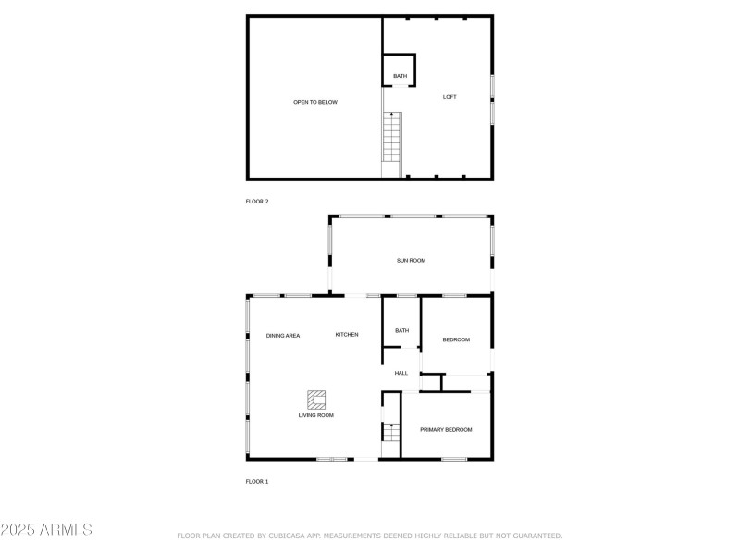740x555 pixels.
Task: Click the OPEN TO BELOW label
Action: point(315,102)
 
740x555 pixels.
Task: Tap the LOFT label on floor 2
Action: point(450,97)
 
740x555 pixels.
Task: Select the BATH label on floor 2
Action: point(400,76)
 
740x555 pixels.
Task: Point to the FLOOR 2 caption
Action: point(257,201)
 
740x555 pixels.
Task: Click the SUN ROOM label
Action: point(411,262)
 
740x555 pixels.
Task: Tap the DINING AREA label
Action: point(283,335)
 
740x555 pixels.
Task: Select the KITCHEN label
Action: point(347,334)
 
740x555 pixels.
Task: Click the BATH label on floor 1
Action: point(401,330)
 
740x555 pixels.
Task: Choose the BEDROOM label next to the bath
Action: point(456,339)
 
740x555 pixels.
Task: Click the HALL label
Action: point(401,373)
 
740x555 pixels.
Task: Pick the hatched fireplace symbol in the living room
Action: point(317,399)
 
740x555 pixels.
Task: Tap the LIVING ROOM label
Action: point(316,415)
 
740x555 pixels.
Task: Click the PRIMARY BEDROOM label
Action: point(446,429)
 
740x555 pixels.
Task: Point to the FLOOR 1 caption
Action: point(257,482)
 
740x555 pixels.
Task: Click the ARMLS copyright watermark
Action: point(46,530)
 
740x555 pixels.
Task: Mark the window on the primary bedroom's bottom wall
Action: point(453,459)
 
